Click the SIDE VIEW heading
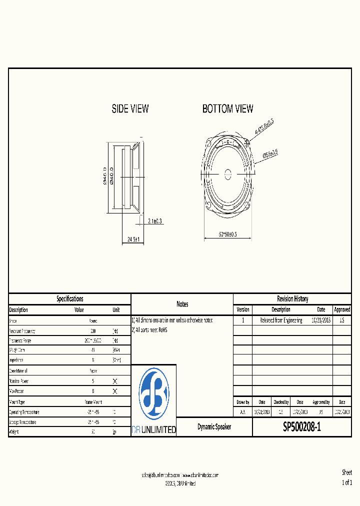[x=130, y=108]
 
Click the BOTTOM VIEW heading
[x=227, y=108]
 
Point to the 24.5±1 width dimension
[x=132, y=239]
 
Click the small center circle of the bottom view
[x=227, y=174]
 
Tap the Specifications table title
[x=69, y=299]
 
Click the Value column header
[x=79, y=310]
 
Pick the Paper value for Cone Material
[x=93, y=371]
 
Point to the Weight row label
[x=14, y=432]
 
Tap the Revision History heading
[x=292, y=299]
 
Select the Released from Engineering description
[x=281, y=320]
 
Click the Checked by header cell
[x=281, y=402]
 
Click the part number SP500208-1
[x=302, y=427]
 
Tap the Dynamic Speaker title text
[x=214, y=427]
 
